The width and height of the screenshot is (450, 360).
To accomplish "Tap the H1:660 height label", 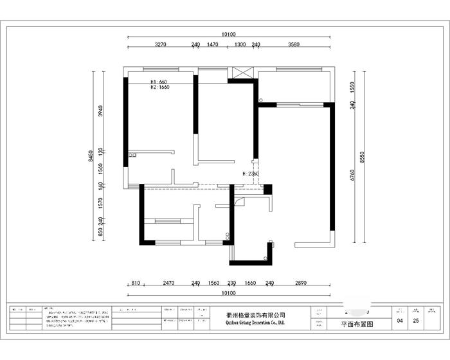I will [159, 82].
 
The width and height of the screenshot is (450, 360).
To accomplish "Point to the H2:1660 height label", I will [159, 87].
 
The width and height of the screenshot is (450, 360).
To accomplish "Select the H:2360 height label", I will [251, 174].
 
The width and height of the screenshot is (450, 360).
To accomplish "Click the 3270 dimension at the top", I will [161, 45].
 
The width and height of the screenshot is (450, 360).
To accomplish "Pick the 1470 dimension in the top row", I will [213, 45].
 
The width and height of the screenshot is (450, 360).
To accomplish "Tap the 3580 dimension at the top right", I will [294, 45].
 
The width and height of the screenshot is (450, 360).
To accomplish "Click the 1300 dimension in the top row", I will [239, 45].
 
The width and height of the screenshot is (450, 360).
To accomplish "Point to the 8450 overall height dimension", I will [92, 156].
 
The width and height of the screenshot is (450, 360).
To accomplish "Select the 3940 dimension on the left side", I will [100, 110].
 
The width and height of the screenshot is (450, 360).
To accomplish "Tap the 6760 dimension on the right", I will [353, 175].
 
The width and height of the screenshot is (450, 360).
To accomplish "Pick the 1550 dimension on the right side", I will [353, 86].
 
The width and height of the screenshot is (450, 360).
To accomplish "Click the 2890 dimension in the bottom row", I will [301, 283].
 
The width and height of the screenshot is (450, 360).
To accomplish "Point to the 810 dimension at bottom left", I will [136, 283].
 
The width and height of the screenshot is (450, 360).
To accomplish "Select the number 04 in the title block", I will [400, 320].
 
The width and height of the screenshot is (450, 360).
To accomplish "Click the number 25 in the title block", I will [416, 320].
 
